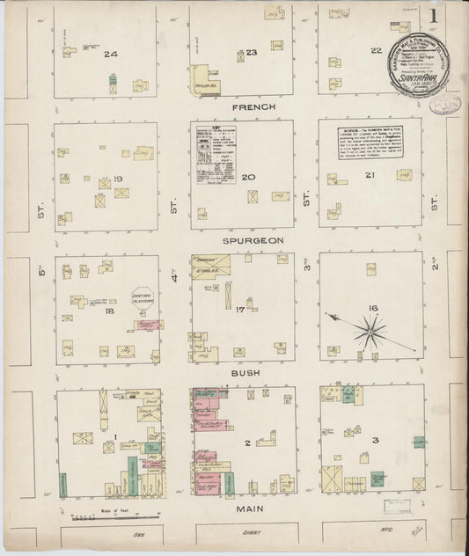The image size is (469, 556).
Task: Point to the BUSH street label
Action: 247,374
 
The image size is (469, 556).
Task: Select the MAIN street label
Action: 250,508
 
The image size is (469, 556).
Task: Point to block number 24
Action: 110,55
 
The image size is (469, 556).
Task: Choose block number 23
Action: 251,53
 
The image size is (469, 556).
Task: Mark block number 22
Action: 376,51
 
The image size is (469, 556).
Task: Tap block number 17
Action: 239,310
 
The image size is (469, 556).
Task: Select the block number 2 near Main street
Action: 249,443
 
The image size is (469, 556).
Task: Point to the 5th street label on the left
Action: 40,274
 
